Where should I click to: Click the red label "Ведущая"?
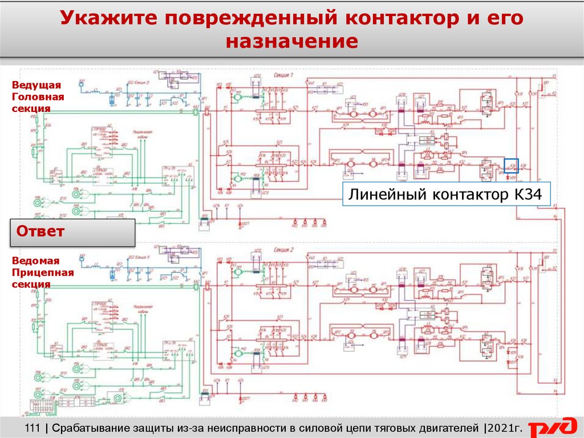36,85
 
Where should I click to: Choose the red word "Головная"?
38,97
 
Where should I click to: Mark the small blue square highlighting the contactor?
511,166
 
